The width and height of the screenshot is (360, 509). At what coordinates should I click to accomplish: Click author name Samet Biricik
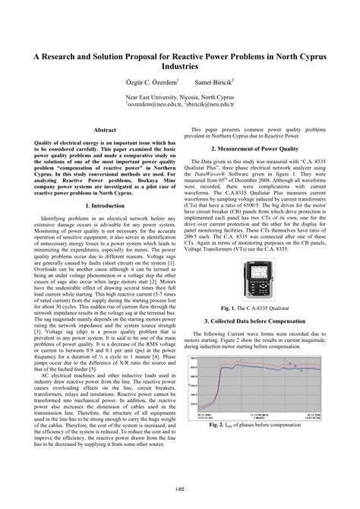click(x=215, y=80)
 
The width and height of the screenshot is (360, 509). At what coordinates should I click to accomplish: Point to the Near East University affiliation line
click(x=180, y=98)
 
